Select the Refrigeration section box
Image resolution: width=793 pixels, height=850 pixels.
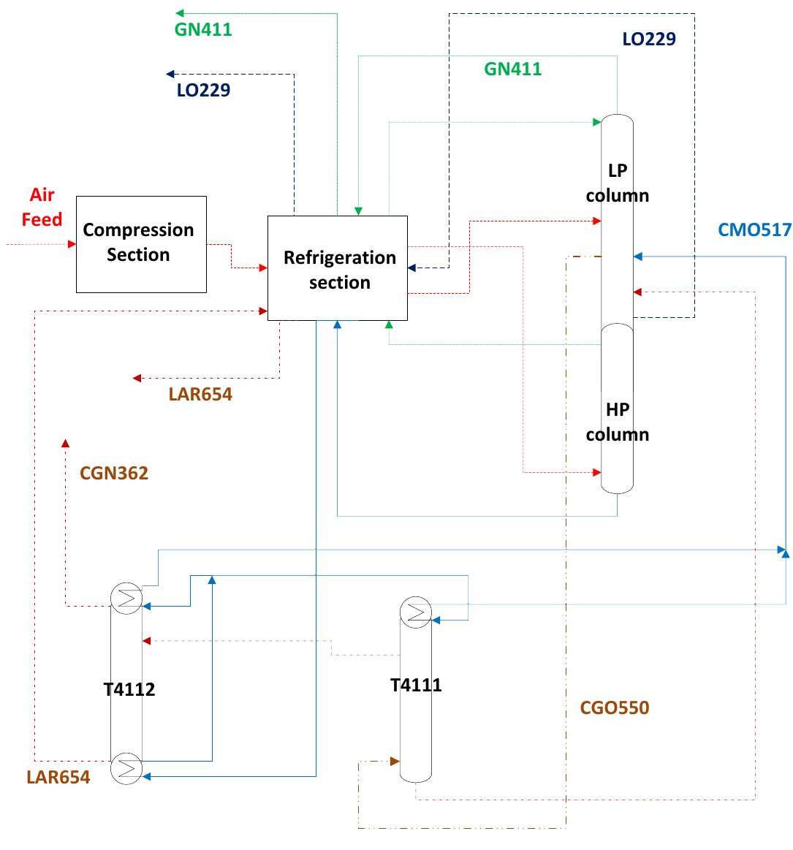tap(337, 268)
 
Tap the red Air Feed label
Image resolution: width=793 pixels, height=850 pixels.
tap(42, 208)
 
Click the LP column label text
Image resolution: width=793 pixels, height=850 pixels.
tap(617, 183)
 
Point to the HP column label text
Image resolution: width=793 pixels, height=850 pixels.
tap(617, 422)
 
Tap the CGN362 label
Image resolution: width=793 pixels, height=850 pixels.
tap(114, 473)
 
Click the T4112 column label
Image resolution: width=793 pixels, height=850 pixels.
tap(129, 688)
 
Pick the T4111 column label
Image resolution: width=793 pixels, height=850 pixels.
tap(415, 685)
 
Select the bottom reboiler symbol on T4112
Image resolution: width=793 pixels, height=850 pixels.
tap(126, 768)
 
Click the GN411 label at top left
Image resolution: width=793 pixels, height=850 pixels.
tap(203, 30)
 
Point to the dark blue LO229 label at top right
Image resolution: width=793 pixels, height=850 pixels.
tap(649, 39)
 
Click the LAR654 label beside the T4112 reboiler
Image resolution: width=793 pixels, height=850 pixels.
tap(58, 777)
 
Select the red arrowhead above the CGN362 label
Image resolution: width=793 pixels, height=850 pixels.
tap(65, 443)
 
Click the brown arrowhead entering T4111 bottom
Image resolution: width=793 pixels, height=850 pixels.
tap(395, 762)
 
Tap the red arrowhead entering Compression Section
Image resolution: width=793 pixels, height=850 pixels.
tap(72, 244)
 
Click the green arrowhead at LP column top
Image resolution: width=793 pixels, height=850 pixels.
tap(597, 121)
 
